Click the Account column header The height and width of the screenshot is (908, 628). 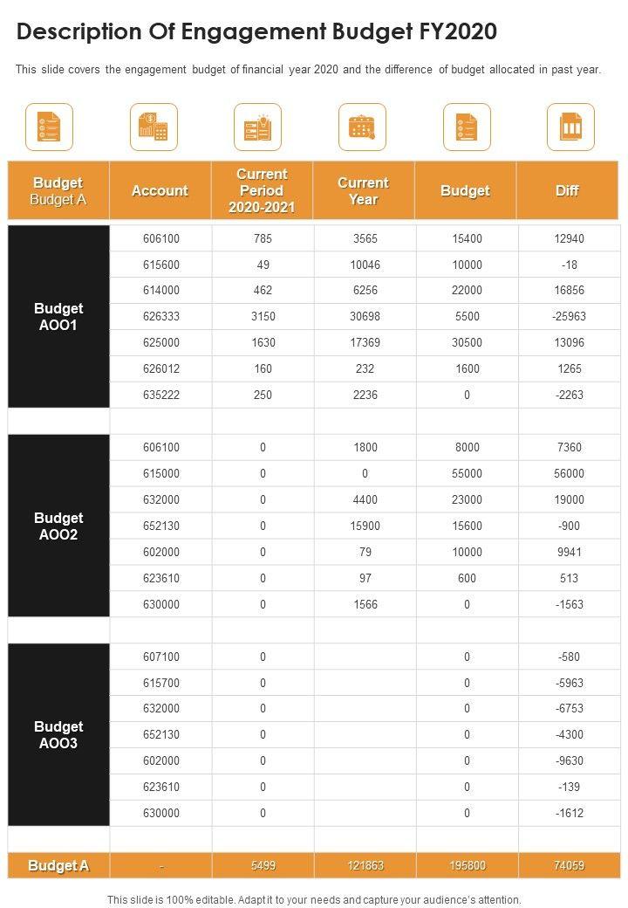pos(160,190)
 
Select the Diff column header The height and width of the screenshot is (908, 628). pos(567,190)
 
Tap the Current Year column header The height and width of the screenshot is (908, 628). pos(363,190)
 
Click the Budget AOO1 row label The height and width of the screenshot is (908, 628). pos(58,316)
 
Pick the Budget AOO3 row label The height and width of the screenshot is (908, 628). pos(58,734)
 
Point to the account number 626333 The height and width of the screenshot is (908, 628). pos(160,316)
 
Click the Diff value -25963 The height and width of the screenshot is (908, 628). pos(569,316)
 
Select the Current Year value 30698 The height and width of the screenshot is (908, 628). pos(365,316)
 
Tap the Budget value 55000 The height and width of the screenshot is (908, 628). pos(468,473)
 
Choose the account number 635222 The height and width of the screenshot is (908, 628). pos(160,395)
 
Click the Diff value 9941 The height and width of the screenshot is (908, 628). pos(569,552)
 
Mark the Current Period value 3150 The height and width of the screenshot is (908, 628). pos(263,316)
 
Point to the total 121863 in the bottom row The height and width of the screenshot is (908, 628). pos(365,865)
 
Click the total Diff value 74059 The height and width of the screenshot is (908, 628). pos(569,865)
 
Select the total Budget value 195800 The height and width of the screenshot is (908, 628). pos(468,865)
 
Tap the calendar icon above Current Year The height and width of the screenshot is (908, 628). pos(362,127)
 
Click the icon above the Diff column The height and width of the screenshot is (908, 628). pos(570,127)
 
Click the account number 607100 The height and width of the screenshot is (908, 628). pos(160,657)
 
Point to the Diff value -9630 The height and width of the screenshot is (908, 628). pos(569,760)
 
